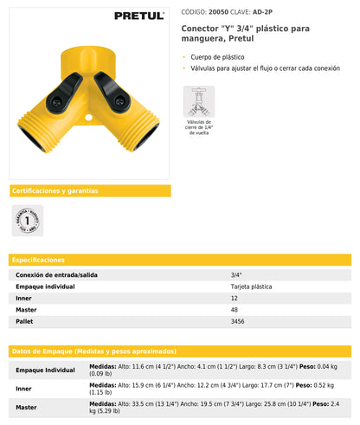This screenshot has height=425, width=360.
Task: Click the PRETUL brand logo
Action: click(x=139, y=15)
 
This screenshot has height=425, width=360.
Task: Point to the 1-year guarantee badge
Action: click(x=27, y=219)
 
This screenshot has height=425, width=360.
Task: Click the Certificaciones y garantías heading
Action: click(x=55, y=190)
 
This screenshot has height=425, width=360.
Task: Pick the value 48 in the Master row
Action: click(x=235, y=309)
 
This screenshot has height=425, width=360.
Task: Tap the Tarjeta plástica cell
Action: click(x=251, y=286)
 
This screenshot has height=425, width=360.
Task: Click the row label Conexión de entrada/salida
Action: click(x=57, y=274)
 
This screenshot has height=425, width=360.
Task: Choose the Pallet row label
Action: click(x=25, y=321)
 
